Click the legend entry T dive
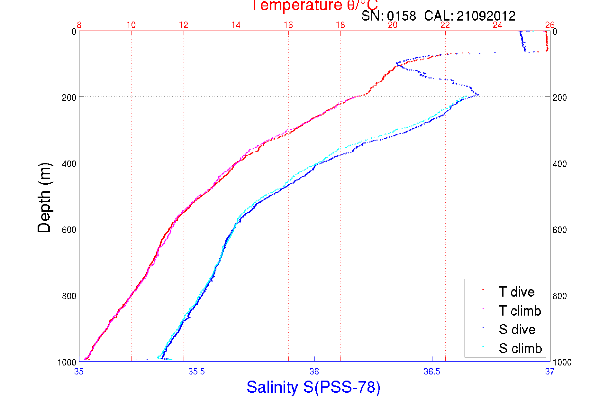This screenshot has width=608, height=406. pos(516,292)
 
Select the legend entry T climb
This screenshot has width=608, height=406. pos(520,311)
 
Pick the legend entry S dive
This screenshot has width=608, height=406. pos(517,329)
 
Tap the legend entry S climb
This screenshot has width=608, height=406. pos(520,348)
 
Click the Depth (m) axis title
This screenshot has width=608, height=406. pos(44,198)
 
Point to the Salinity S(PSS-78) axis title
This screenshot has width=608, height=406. pos(313,387)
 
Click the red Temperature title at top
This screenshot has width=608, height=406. pos(314,5)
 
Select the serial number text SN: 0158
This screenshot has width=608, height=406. pos(388,16)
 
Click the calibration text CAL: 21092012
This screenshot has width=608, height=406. pos(470,16)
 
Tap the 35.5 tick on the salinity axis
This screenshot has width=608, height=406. pos(196,372)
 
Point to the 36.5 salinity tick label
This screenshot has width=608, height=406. pos(432,372)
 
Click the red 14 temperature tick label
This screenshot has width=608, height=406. pos(236,25)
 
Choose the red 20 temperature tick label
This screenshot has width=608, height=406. pos(393,25)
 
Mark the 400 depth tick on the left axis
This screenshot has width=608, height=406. pos(69,164)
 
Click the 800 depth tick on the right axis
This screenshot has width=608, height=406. pos(559,296)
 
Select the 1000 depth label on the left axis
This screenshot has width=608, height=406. pos(67,363)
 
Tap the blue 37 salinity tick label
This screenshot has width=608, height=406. pos(549,372)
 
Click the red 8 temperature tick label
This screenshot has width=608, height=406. pos(79,25)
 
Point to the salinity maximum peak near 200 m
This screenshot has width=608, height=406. pos(478,95)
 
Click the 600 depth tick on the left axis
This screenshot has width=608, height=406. pos(69,230)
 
